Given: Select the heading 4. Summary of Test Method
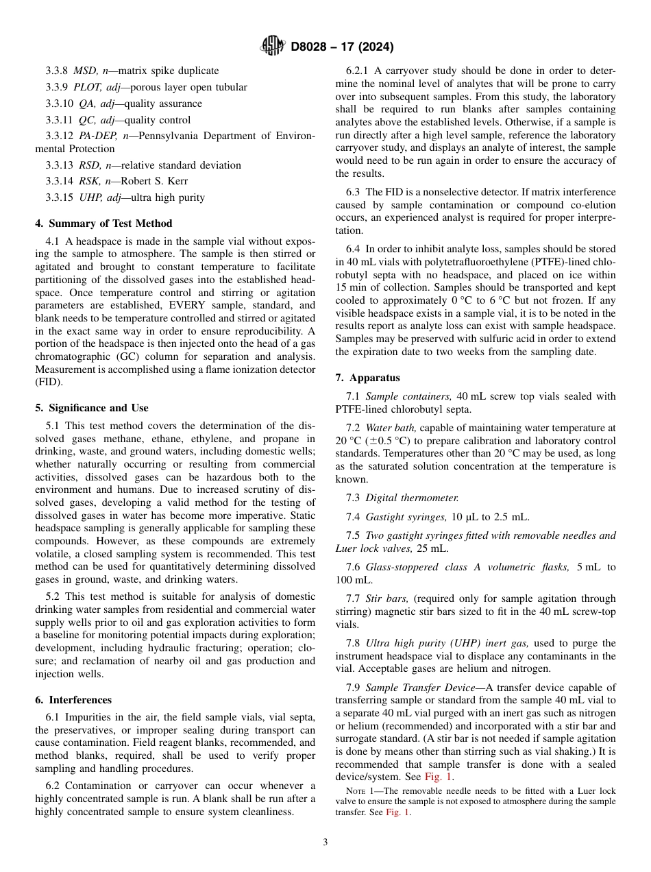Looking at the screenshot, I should click(x=103, y=223).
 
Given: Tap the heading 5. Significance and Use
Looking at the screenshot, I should click(x=92, y=407).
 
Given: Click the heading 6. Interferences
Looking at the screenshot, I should click(x=73, y=700).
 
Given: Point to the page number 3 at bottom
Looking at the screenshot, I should click(x=325, y=842).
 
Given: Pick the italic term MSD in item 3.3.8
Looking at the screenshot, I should click(x=84, y=71).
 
